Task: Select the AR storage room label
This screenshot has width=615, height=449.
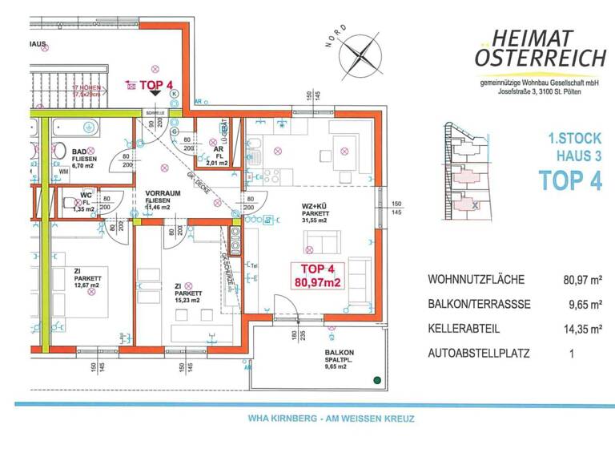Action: pyautogui.click(x=217, y=148)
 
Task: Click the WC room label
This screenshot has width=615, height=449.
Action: pyautogui.click(x=86, y=194)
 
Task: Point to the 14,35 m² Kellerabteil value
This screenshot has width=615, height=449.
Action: pyautogui.click(x=582, y=328)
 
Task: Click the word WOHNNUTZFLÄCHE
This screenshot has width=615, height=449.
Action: pyautogui.click(x=476, y=280)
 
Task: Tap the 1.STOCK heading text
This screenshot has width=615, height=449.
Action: pyautogui.click(x=572, y=139)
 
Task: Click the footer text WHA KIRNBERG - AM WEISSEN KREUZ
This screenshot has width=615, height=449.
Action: pyautogui.click(x=314, y=419)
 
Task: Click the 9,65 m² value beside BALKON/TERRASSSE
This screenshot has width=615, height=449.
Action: pyautogui.click(x=582, y=304)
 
